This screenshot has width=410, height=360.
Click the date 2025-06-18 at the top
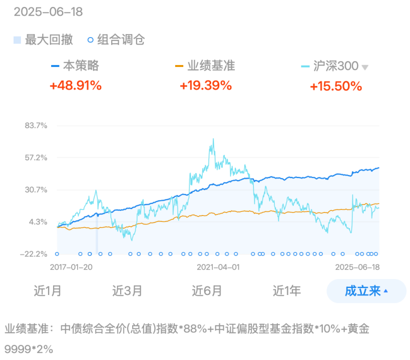pyautogui.click(x=48, y=12)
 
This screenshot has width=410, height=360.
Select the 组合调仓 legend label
pyautogui.click(x=121, y=40)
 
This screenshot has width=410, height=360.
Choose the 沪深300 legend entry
pyautogui.click(x=335, y=66)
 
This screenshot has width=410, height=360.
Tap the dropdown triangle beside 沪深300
pyautogui.click(x=365, y=67)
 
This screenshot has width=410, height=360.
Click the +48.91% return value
pyautogui.click(x=76, y=85)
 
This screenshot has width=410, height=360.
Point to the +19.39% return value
pyautogui.click(x=206, y=85)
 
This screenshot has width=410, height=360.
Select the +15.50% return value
pyautogui.click(x=336, y=85)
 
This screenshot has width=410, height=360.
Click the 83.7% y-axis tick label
pyautogui.click(x=36, y=125)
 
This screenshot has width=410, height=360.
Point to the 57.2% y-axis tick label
pyautogui.click(x=36, y=157)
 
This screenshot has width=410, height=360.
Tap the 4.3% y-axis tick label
pyautogui.click(x=38, y=221)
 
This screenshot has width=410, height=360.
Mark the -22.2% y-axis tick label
pyautogui.click(x=34, y=254)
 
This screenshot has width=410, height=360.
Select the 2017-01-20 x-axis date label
pyautogui.click(x=72, y=267)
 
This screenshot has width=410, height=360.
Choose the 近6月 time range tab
pyautogui.click(x=207, y=290)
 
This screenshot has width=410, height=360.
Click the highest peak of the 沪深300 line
pyautogui.click(x=213, y=139)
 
